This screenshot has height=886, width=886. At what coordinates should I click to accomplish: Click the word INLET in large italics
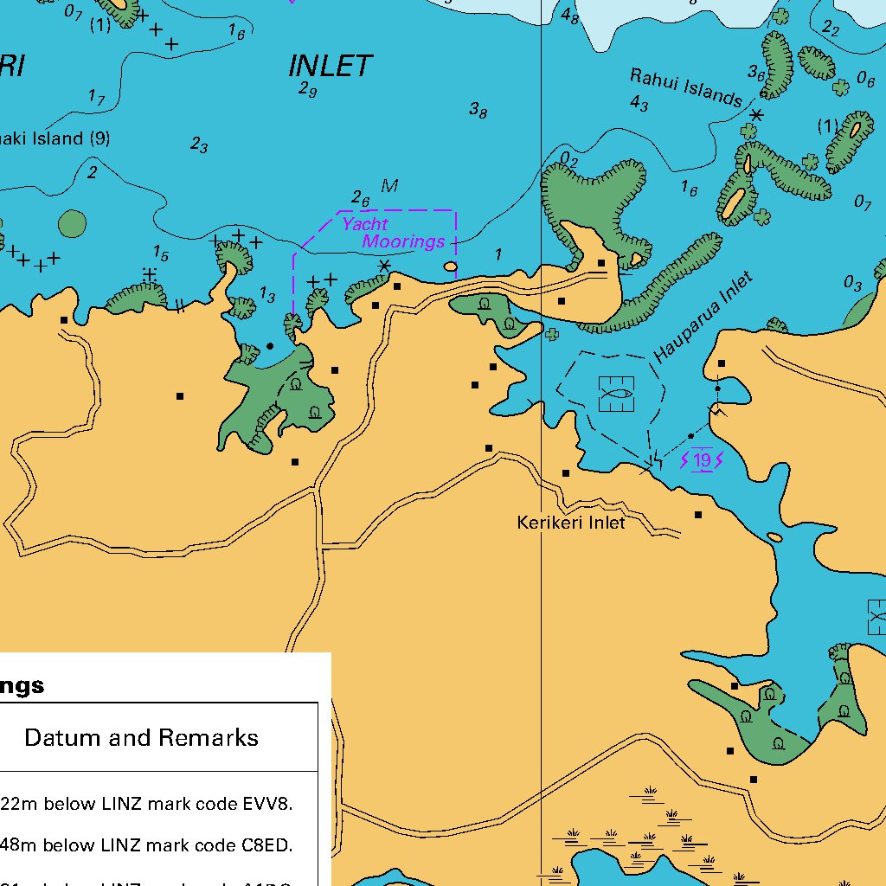[330, 66]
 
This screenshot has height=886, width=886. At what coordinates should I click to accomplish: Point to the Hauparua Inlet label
[703, 318]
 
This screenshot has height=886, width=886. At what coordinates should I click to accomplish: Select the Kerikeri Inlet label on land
[570, 523]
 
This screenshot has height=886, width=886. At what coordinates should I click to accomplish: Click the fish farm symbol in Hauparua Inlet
[616, 394]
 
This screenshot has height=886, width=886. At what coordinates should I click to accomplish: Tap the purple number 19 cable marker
[702, 460]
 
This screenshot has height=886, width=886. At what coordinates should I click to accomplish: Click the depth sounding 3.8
[478, 110]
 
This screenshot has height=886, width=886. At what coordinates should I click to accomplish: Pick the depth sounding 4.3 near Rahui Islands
[639, 104]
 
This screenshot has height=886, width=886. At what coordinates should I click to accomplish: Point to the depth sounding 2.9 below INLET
[307, 89]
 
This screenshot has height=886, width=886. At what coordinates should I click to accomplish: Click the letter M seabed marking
[389, 186]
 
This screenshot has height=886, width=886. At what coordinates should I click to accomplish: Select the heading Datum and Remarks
[141, 738]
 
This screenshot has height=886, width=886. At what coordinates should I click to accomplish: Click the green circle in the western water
[72, 224]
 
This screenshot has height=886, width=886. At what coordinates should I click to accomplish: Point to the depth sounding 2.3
[199, 146]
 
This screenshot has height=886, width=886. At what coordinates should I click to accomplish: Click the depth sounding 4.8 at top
[569, 16]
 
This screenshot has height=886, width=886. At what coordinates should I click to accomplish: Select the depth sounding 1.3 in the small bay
[267, 297]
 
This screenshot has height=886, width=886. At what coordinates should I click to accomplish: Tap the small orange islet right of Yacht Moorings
[450, 267]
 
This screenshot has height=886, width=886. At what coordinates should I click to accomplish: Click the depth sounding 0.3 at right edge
[852, 284]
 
